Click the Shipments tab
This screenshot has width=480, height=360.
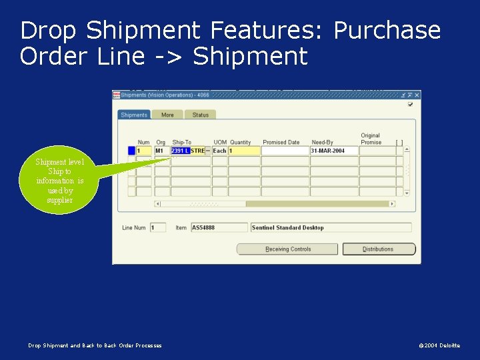134,115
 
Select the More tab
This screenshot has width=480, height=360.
167,115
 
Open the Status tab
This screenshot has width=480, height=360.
200,115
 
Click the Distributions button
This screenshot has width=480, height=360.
379,249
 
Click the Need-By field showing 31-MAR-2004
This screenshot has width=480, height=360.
334,151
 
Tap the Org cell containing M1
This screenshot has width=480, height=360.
161,151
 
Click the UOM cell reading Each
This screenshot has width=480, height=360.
219,151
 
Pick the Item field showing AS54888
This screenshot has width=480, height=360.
220,228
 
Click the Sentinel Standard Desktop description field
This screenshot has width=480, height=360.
330,228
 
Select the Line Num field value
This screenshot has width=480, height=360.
157,228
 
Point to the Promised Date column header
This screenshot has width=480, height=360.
281,142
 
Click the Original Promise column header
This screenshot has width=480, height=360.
371,139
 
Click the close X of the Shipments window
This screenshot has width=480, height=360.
417,95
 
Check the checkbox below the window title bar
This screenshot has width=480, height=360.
410,104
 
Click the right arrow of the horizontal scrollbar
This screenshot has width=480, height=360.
392,204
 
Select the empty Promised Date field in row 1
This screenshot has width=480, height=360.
285,151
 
